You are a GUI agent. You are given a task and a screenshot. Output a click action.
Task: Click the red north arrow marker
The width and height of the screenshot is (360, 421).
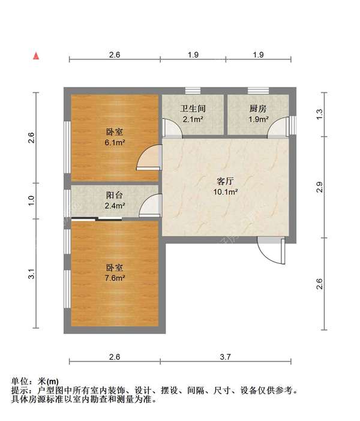tap(37, 56)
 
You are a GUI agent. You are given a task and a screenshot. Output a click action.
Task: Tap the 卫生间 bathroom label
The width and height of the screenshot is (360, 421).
tap(193, 109)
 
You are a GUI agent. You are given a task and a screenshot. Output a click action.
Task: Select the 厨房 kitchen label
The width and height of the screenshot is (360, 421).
tap(258, 109)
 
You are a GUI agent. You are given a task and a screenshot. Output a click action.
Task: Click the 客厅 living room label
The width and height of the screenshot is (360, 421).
tap(226, 181)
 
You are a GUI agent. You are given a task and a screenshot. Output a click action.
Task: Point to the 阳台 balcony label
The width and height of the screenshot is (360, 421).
tap(115, 196)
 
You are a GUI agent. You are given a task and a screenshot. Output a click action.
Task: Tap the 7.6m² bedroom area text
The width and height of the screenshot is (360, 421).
tap(115, 278)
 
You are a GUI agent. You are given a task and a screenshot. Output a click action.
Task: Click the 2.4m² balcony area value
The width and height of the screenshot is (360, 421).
tap(115, 206)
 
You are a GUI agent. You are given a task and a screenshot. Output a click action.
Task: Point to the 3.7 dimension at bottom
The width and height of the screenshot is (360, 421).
tap(225, 356)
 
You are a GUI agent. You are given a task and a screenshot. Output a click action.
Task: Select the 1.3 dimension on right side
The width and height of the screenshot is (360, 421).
tap(320, 112)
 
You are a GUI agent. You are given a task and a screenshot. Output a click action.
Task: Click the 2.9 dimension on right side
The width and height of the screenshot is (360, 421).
tap(320, 187)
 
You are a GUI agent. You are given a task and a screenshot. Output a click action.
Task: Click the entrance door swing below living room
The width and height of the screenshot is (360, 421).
tap(268, 248)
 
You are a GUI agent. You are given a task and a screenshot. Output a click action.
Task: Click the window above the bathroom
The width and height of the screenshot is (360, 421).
tap(193, 91)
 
